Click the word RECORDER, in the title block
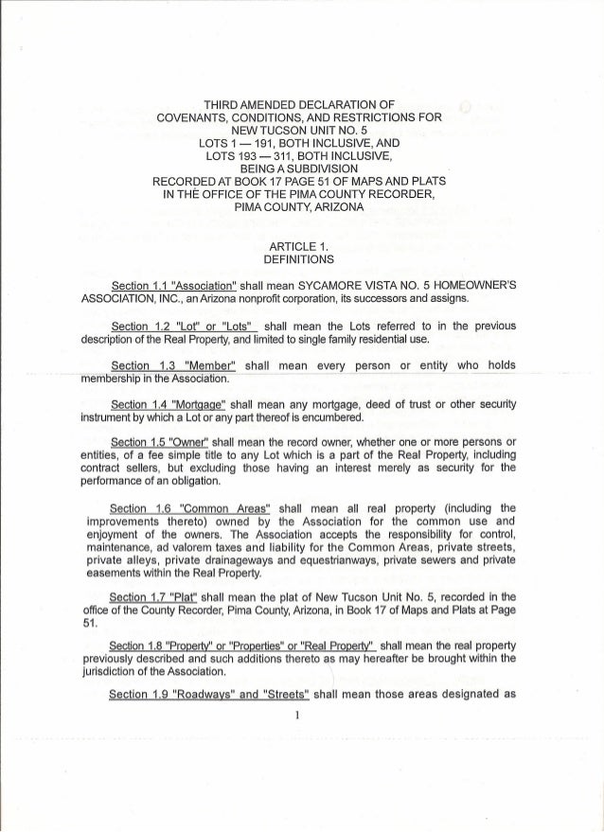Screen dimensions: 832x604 400,194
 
